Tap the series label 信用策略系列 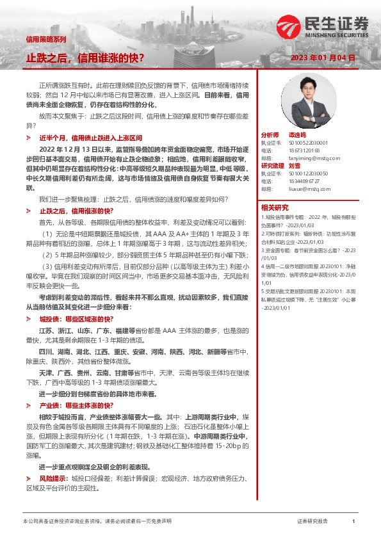pyautogui.click(x=45, y=39)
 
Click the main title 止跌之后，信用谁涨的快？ pyautogui.click(x=85, y=58)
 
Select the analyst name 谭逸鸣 pyautogui.click(x=295, y=136)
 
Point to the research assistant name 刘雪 pyautogui.click(x=295, y=166)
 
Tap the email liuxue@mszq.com pyautogui.click(x=303, y=189)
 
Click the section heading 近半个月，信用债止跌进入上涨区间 pyautogui.click(x=95, y=138)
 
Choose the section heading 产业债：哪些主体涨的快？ pyautogui.click(x=76, y=406)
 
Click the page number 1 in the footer pyautogui.click(x=353, y=522)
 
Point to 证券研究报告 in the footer pyautogui.click(x=312, y=522)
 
